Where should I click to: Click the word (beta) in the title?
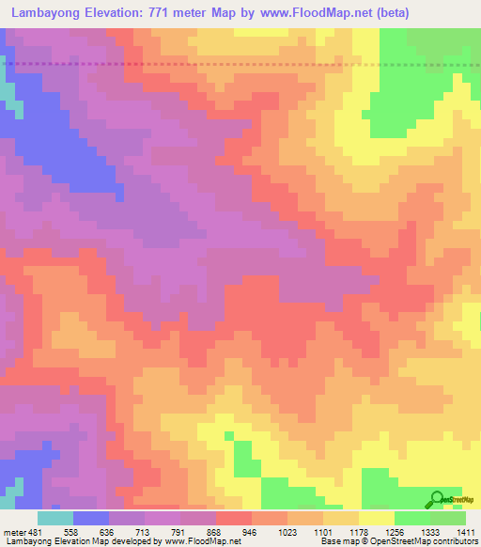point(454,12)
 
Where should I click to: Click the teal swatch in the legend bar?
point(55,519)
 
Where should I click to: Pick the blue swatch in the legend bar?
point(91,519)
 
